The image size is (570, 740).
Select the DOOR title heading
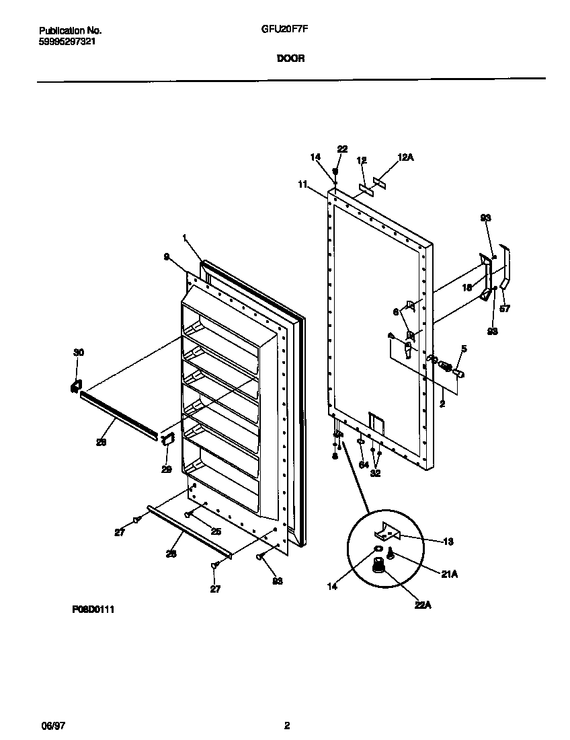click(x=290, y=59)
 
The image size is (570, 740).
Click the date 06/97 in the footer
click(x=52, y=725)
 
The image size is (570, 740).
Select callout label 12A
click(x=406, y=157)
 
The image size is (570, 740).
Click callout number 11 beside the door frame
click(x=302, y=183)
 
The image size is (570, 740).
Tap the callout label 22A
click(x=423, y=605)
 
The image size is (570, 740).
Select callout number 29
click(x=167, y=469)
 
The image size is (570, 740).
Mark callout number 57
click(x=505, y=309)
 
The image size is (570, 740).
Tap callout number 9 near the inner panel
click(x=166, y=256)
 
